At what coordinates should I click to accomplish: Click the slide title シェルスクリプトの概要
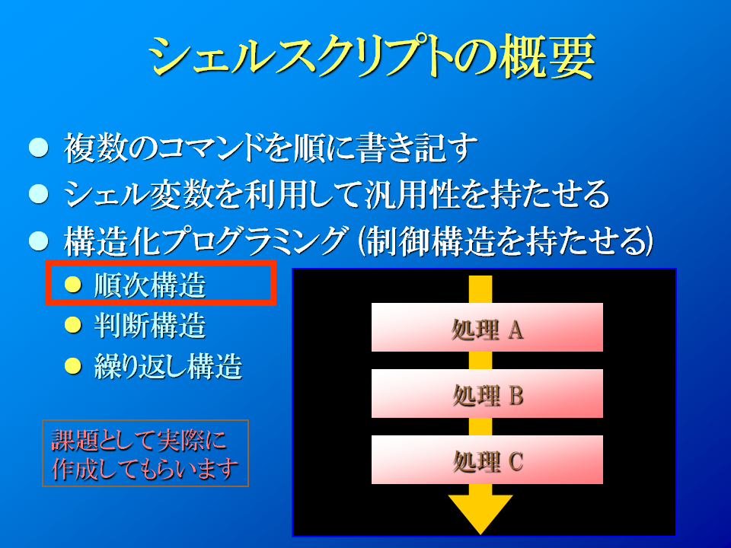click(x=371, y=56)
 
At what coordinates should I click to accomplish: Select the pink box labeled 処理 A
click(x=487, y=327)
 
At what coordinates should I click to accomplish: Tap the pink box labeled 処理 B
click(x=487, y=393)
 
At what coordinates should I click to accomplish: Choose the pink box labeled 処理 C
click(x=487, y=460)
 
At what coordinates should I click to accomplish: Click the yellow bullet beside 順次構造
click(x=73, y=284)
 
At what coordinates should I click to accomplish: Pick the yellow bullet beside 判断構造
click(x=73, y=325)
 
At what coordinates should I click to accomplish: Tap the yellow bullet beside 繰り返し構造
click(x=73, y=366)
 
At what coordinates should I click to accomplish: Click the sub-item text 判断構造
click(x=150, y=325)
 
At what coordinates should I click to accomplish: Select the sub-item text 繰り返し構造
click(x=168, y=366)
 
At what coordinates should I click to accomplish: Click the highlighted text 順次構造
click(x=150, y=285)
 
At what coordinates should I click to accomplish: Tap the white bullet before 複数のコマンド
click(x=39, y=147)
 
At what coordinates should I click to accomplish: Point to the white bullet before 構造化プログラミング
click(x=39, y=241)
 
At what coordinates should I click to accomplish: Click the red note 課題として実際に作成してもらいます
click(x=145, y=454)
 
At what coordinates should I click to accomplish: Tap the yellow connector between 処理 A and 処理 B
click(x=480, y=361)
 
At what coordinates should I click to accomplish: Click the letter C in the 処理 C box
click(x=516, y=462)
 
